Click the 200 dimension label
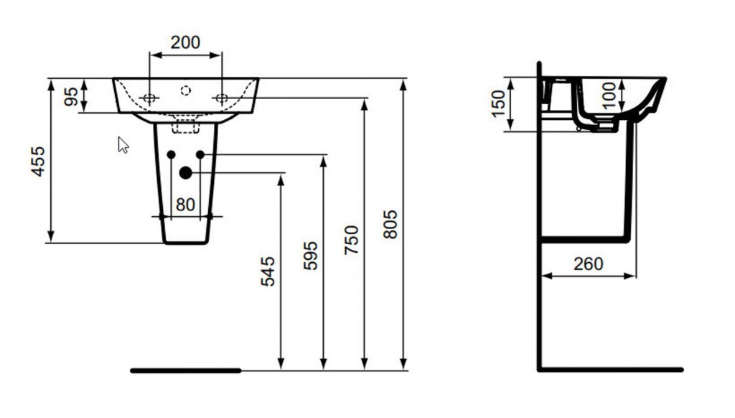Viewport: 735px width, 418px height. coord(185,42)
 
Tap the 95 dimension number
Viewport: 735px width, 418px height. coord(71,96)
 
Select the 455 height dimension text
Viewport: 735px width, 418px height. coord(38,162)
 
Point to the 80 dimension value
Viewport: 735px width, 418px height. coord(185,205)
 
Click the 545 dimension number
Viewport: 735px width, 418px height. coord(268,271)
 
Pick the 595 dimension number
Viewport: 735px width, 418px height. coord(310,256)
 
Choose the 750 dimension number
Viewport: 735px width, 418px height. coord(351,240)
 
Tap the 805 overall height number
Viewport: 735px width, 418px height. coord(390,224)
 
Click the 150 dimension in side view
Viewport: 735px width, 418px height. coord(499,103)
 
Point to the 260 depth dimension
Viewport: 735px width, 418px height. coord(589,264)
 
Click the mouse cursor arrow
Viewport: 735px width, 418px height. coord(123,145)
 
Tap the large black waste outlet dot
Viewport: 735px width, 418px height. coord(186,173)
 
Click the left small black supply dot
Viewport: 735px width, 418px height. coord(171,154)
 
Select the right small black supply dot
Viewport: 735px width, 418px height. coord(200,154)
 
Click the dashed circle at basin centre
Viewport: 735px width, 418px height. coord(186,90)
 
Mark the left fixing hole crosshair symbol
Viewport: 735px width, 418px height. coord(149,98)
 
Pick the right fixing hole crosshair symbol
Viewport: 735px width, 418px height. coord(222,98)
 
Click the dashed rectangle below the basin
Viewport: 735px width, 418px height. coord(186,126)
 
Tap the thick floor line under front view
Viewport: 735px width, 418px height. coord(186,371)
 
